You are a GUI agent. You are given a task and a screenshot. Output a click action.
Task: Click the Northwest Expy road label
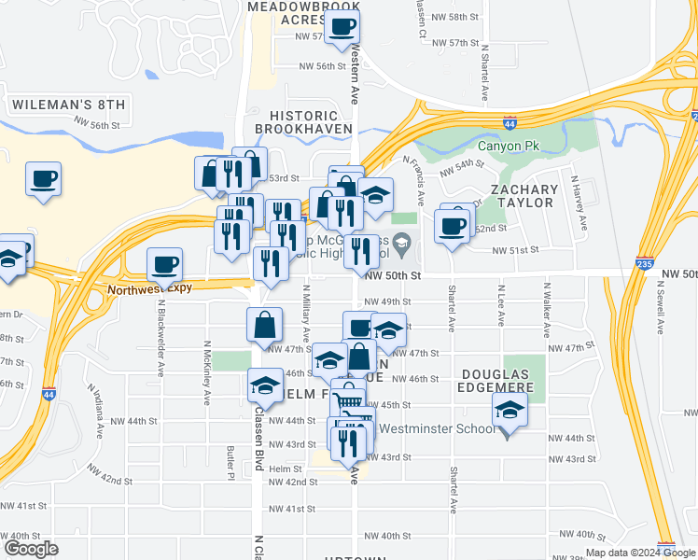tap(148, 288)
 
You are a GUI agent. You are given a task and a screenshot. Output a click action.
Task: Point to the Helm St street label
tap(286, 469)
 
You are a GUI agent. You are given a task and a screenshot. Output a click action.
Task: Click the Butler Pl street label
tap(230, 463)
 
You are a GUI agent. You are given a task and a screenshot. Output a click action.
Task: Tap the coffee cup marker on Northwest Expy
tap(165, 265)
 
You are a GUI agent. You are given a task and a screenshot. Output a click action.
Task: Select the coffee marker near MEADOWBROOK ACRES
tap(342, 26)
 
